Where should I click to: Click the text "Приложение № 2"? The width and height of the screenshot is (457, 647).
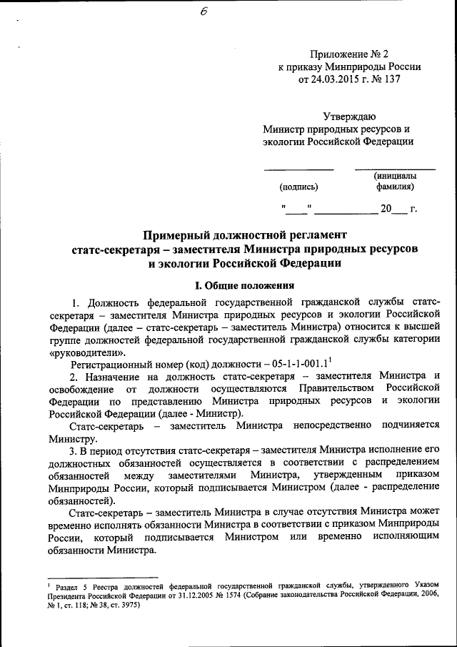348,54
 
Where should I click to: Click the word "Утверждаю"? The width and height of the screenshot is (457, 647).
348,117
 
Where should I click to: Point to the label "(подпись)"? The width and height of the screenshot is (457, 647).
299,187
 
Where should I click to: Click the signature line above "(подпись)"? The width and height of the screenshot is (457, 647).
299,170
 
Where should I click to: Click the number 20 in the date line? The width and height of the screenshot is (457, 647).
386,209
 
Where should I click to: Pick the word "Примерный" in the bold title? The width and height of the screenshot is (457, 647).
179,235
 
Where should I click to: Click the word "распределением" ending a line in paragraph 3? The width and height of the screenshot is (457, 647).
399,463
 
